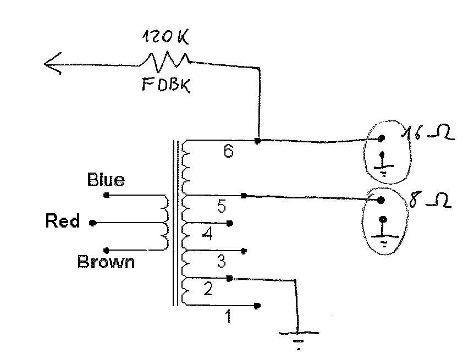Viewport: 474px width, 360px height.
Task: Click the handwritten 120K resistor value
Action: point(166,36)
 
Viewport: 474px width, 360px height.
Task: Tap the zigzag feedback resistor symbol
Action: point(165,61)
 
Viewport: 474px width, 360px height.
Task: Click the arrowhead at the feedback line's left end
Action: point(53,63)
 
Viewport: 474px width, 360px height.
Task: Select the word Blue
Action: point(106,180)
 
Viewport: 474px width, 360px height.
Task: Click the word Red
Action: point(63,220)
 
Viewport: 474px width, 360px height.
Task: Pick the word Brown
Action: point(106,262)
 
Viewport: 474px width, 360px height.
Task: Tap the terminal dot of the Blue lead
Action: point(106,195)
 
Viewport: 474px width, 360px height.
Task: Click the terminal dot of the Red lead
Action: point(93,223)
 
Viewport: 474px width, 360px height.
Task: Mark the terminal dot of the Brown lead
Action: point(106,250)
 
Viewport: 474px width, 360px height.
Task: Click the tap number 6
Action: point(229,151)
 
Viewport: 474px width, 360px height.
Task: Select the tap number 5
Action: point(222,206)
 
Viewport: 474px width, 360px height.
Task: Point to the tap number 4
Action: point(207,234)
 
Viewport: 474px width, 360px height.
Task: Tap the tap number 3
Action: point(222,261)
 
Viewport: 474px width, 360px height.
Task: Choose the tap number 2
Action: point(208,289)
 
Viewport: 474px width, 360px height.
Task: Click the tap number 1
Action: point(229,316)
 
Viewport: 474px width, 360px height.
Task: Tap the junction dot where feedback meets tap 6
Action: point(257,141)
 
